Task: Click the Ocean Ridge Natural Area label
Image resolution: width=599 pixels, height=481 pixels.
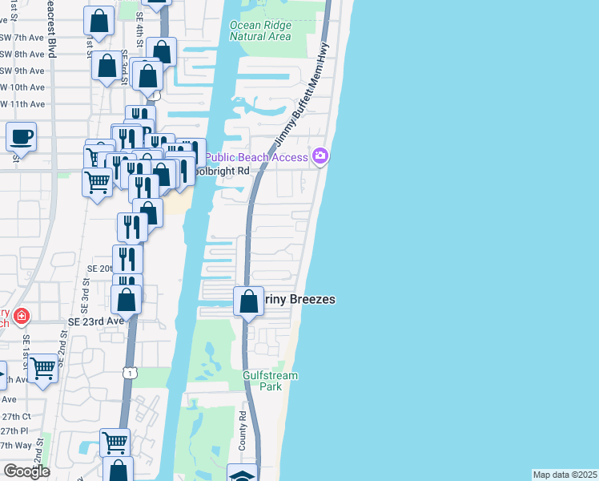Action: point(261,30)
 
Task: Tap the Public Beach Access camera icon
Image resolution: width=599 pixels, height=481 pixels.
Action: point(320,156)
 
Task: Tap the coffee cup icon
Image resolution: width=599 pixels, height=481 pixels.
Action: point(22,136)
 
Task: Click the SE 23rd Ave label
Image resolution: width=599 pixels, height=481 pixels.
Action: point(96,321)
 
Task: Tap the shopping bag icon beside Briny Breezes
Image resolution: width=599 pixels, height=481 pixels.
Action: point(249,301)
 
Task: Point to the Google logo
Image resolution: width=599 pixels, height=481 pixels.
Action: point(26,471)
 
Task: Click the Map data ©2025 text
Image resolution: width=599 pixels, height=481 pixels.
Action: point(565,475)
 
